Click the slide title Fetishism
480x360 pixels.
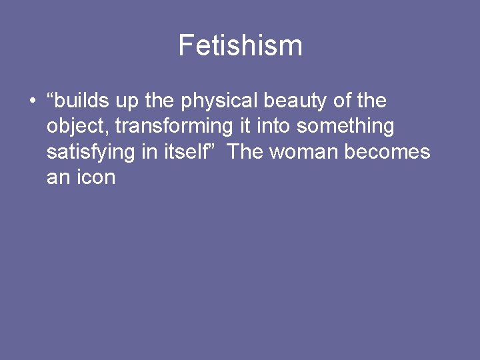tap(240, 46)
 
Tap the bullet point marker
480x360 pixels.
tap(32, 102)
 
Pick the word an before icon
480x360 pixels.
tap(58, 177)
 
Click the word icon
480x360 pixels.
tap(95, 177)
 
